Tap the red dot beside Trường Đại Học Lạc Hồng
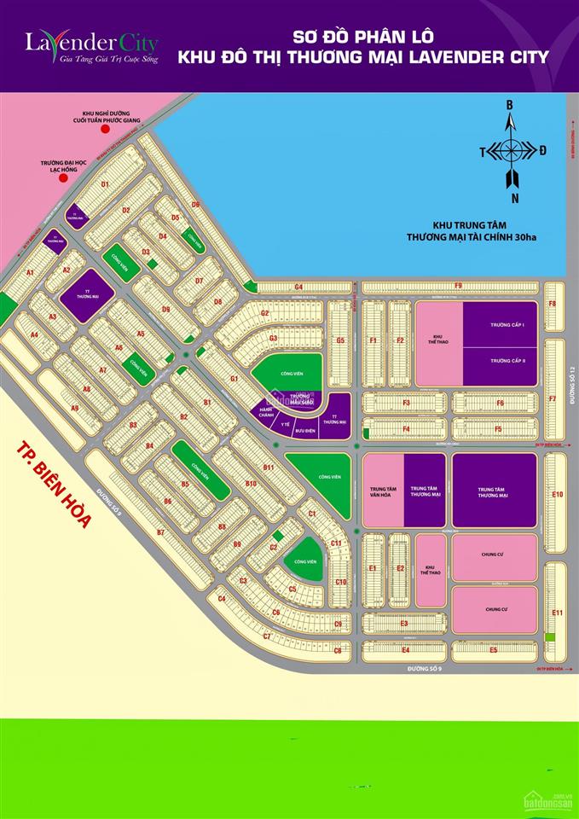62,180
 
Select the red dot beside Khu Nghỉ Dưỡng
105,131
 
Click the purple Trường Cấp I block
501,325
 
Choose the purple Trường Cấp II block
501,360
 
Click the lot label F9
457,286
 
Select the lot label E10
558,494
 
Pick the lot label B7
159,532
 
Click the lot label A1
30,272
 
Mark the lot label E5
493,650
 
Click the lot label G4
299,287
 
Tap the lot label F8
552,304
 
